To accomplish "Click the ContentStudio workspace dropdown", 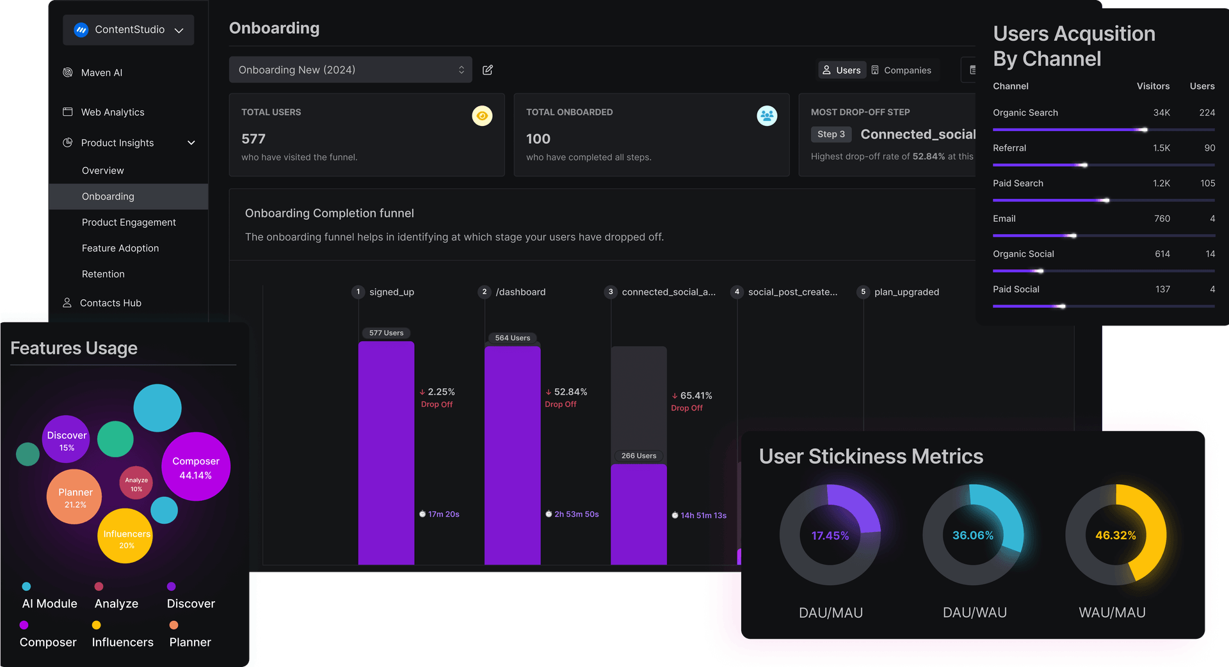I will [x=129, y=30].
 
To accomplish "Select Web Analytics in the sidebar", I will [x=112, y=112].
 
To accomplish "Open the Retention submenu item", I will [x=103, y=274].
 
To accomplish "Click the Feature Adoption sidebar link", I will [x=120, y=248].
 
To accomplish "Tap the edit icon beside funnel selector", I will [x=488, y=70].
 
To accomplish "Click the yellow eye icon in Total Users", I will [x=482, y=116].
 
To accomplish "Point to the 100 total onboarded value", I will [x=538, y=139].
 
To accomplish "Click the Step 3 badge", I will [x=831, y=134].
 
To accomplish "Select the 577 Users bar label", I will [x=386, y=333].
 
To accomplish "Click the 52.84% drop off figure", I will [x=570, y=392].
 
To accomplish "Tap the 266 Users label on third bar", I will [x=638, y=456].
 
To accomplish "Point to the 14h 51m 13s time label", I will [x=703, y=515].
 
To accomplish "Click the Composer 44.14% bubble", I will [x=196, y=467].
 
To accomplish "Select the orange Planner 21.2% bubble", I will [x=75, y=498].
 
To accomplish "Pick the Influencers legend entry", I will [x=122, y=642].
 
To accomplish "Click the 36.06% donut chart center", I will [x=973, y=535].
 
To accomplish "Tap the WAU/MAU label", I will [x=1112, y=613].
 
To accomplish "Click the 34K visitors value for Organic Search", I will [x=1161, y=113].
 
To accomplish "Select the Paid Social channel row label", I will [x=1016, y=289].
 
